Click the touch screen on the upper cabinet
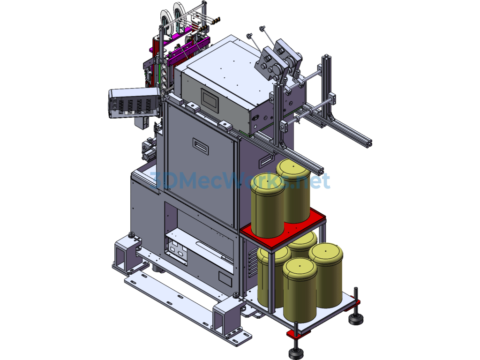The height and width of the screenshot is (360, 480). point(210,100)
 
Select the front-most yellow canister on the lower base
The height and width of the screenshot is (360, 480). point(300,290)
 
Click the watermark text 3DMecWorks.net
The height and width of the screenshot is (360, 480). point(240,180)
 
